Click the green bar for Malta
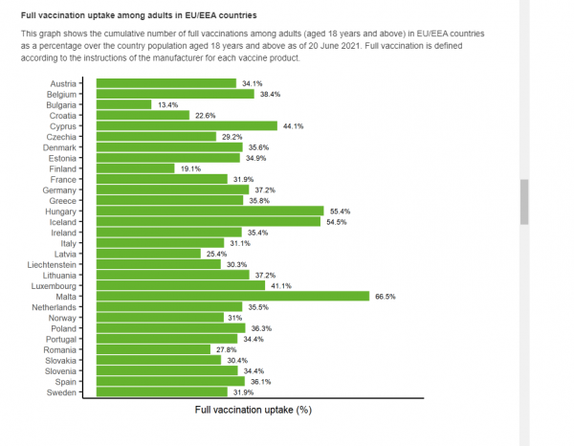(x=227, y=297)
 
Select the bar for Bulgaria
(x=118, y=104)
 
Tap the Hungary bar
(x=204, y=211)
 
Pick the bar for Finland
(x=129, y=168)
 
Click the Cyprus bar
(x=181, y=125)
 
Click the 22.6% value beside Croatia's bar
(x=205, y=115)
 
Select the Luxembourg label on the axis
(x=55, y=286)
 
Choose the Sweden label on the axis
(x=63, y=392)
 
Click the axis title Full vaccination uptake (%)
(x=254, y=410)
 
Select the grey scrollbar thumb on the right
(x=524, y=201)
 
